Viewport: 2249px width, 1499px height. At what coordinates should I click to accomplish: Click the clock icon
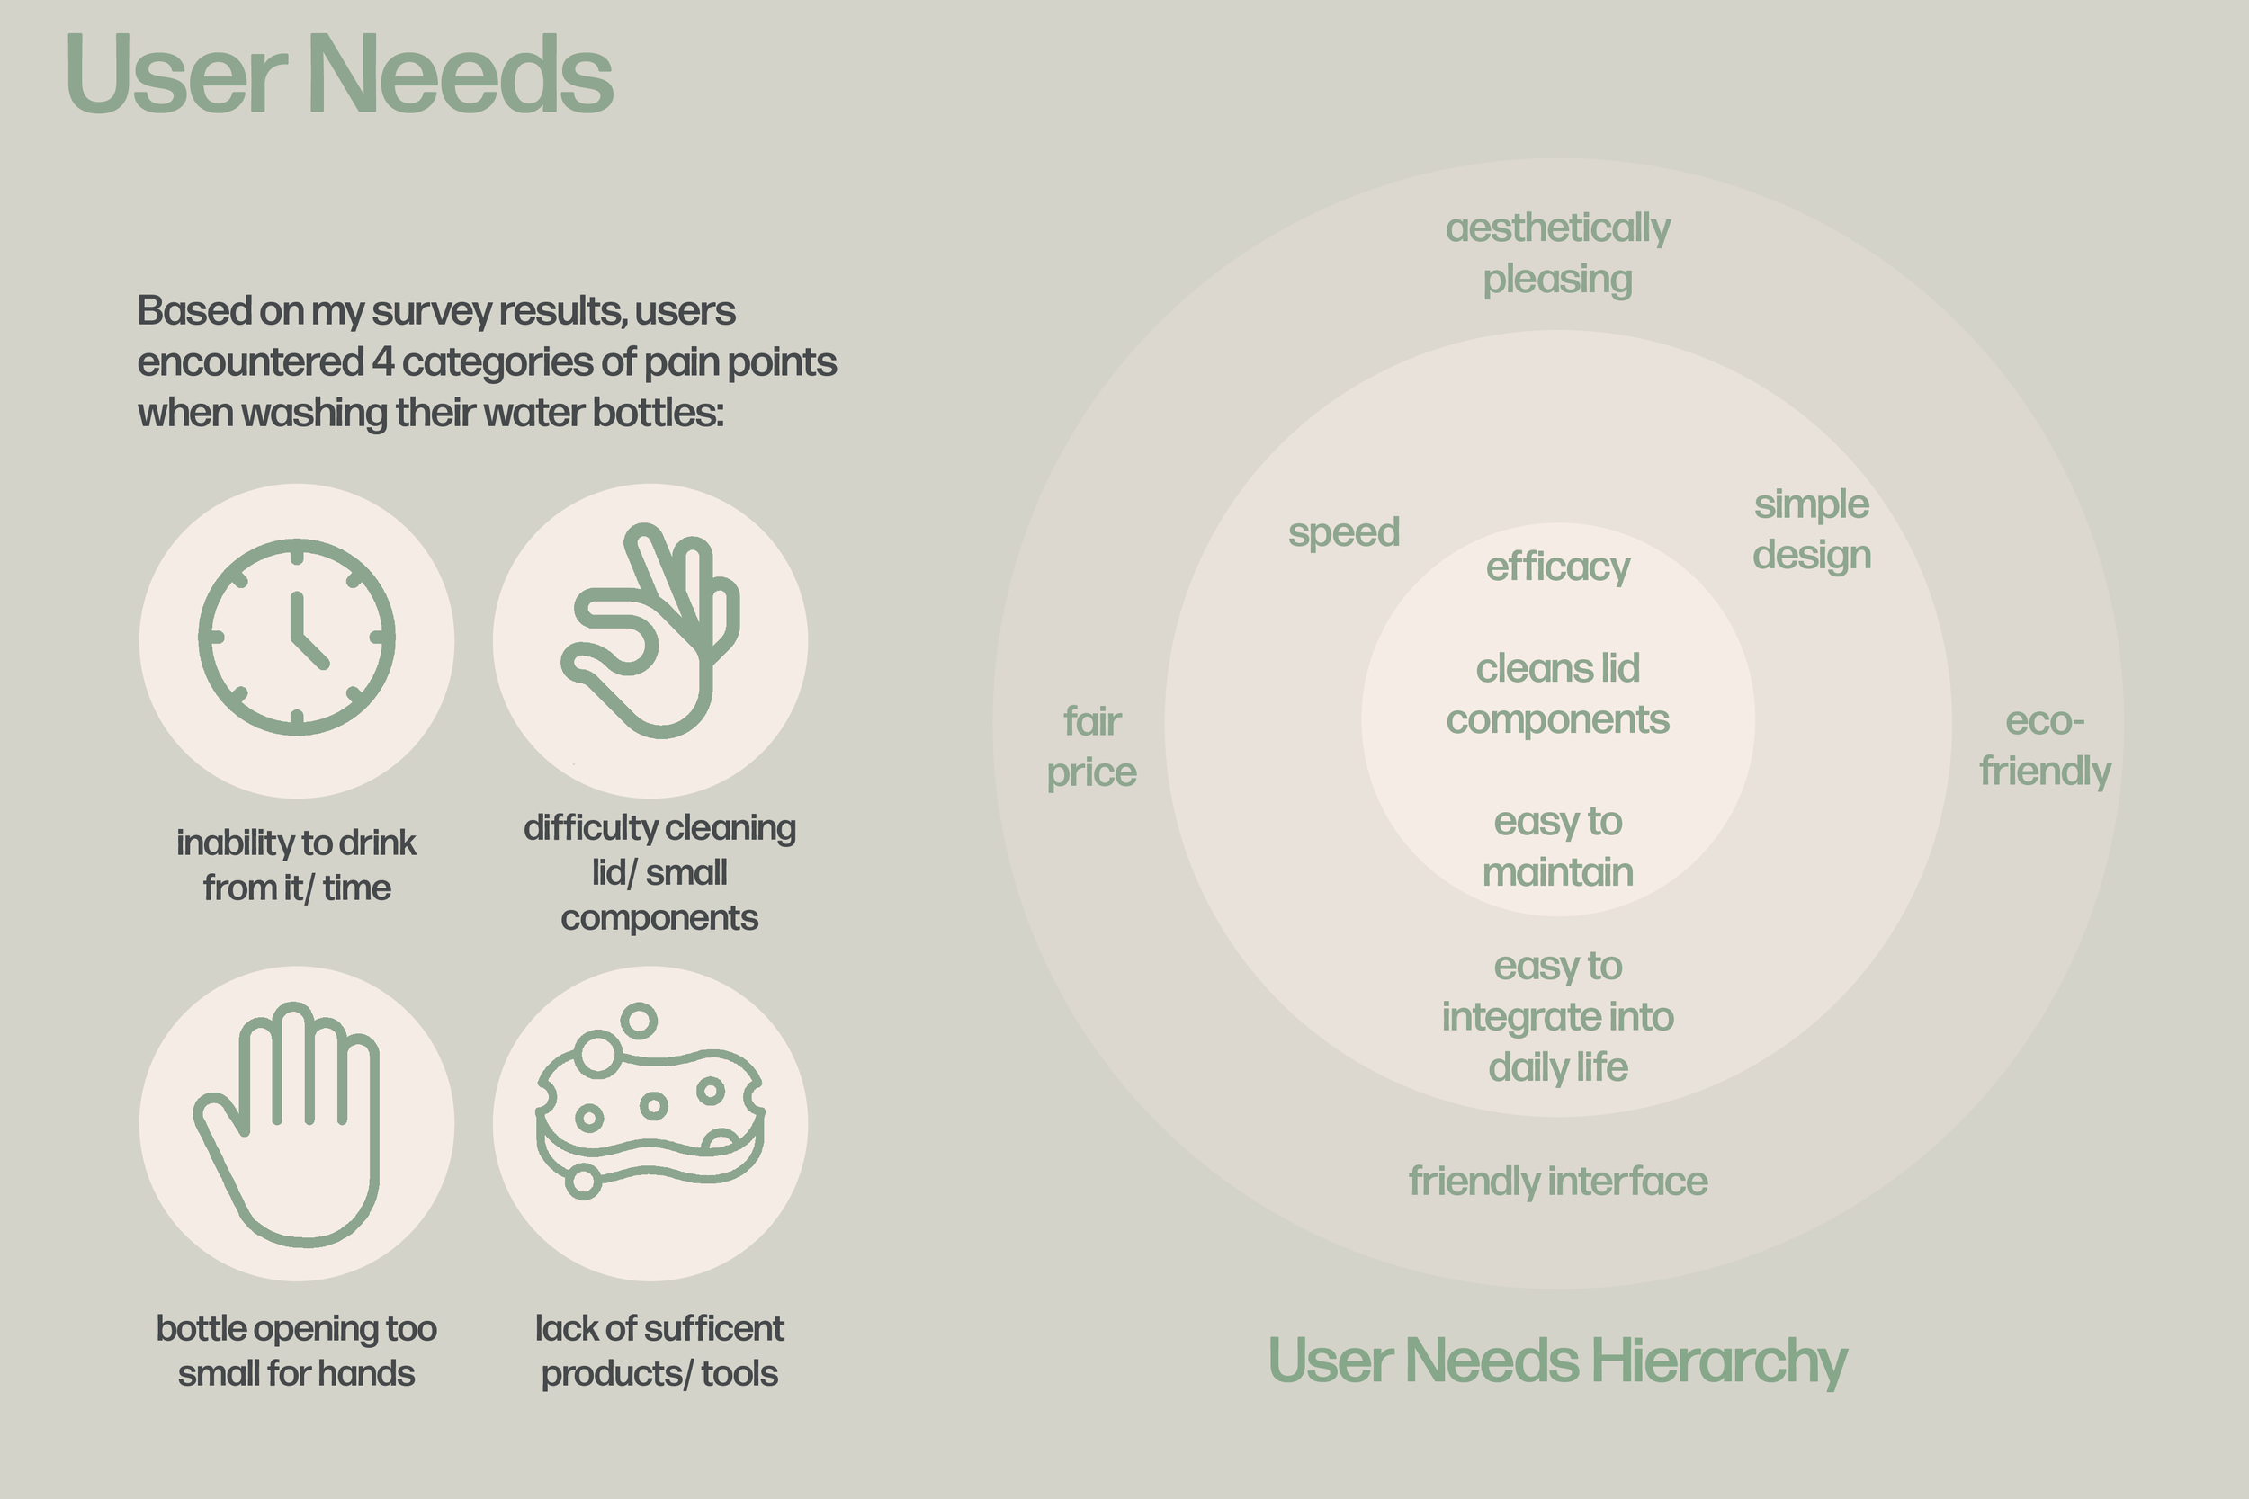point(297,638)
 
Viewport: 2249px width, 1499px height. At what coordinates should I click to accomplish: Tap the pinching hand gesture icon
point(650,631)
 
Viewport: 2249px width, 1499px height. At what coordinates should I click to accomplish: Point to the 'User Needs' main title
point(339,75)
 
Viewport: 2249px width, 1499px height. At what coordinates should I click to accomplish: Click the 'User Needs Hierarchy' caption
point(1556,1360)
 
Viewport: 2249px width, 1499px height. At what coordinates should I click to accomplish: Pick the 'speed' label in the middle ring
point(1343,532)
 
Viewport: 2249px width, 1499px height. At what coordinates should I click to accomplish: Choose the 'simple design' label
point(1811,530)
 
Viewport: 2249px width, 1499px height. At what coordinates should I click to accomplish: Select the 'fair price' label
point(1092,746)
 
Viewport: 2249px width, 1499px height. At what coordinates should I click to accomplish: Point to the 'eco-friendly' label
point(2045,745)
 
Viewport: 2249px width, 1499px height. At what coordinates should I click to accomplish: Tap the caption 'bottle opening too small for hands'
point(297,1350)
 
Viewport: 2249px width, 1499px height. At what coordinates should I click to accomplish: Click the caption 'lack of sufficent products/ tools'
point(659,1350)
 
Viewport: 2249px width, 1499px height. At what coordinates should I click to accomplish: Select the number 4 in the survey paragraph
point(383,362)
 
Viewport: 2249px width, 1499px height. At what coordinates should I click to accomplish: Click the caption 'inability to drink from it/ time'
point(297,865)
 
